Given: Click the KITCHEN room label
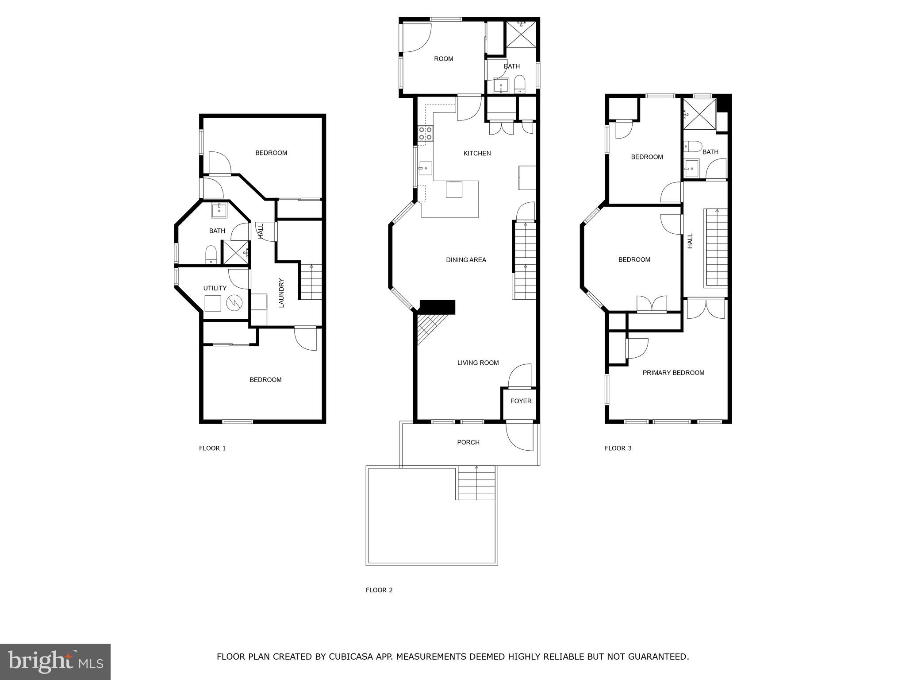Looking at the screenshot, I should click(x=477, y=154).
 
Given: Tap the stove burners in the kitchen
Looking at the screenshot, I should click(x=426, y=133).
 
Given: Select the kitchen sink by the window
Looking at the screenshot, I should click(x=426, y=168).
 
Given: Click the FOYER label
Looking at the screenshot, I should click(x=521, y=401).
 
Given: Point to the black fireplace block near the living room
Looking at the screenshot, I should click(x=437, y=307).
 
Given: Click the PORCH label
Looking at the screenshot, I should click(x=468, y=442).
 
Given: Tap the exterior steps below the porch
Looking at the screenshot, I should click(x=476, y=483).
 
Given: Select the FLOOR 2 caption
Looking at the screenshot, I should click(x=379, y=590).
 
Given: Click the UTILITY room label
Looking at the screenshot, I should click(x=215, y=288).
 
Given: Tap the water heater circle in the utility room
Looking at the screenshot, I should click(x=234, y=303).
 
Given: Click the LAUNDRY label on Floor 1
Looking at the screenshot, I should click(x=281, y=293).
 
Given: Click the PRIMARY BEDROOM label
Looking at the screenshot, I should click(x=673, y=373).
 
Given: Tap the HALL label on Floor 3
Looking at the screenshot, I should click(x=690, y=241).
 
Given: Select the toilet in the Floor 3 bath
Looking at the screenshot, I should click(x=693, y=146).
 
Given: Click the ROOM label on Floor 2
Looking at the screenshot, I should click(x=443, y=59).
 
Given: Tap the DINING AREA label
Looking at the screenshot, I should click(x=466, y=260).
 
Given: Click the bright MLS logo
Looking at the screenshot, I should click(x=55, y=661).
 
